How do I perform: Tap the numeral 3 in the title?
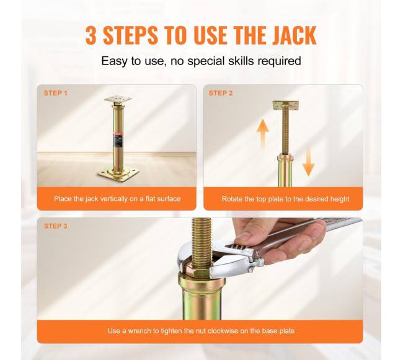pyautogui.click(x=91, y=35)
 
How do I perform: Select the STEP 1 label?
pyautogui.click(x=56, y=93)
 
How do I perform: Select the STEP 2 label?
pyautogui.click(x=221, y=93)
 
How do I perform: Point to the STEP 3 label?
pyautogui.click(x=56, y=226)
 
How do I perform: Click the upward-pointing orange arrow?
pyautogui.click(x=263, y=133)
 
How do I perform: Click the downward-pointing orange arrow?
pyautogui.click(x=308, y=162)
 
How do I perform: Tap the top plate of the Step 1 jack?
pyautogui.click(x=118, y=99)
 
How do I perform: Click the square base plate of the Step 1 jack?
pyautogui.click(x=118, y=173)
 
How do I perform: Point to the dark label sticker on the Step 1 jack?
pyautogui.click(x=118, y=138)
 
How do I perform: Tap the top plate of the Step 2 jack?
pyautogui.click(x=286, y=105)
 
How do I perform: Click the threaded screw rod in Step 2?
pyautogui.click(x=286, y=131)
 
